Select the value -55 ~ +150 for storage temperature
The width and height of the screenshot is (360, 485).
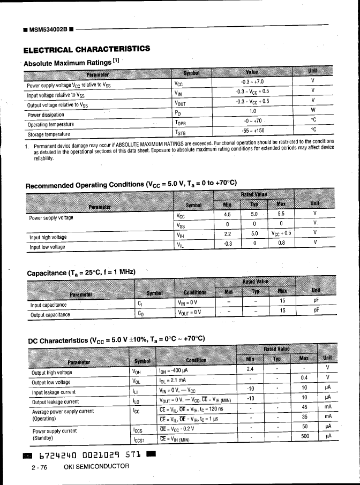tap(252, 130)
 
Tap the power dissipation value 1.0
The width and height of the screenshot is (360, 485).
tap(252, 111)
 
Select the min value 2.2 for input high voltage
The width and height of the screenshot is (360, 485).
tap(227, 233)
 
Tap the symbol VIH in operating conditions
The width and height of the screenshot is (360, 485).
tap(181, 234)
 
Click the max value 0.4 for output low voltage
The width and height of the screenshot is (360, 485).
tap(304, 378)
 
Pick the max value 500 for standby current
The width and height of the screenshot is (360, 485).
tap(304, 436)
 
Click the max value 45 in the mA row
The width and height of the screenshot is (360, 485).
tap(304, 407)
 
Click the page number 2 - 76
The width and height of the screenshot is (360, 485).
tap(40, 467)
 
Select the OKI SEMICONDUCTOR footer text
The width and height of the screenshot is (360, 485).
tap(96, 467)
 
